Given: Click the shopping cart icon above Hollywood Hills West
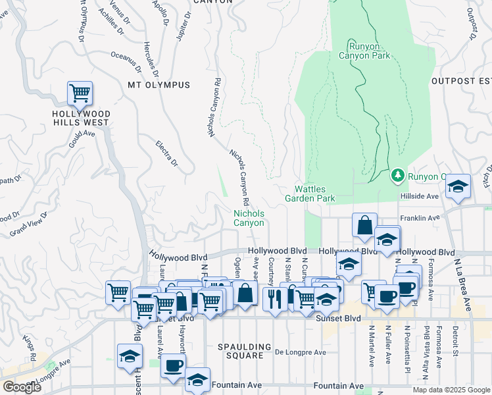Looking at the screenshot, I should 80,93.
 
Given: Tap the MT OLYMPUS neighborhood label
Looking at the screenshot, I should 159,85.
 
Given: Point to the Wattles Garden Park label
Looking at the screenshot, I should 310,194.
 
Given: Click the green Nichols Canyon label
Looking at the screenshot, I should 249,218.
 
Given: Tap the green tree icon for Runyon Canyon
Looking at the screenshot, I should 397,176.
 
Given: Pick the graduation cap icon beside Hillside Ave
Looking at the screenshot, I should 458,187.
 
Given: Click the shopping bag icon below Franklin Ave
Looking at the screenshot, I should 364,225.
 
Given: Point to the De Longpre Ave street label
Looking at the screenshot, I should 301,352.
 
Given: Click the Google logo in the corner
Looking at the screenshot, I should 22,387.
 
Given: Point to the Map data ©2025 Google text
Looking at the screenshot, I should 451,390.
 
